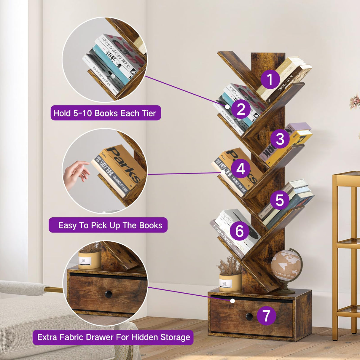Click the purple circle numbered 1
[x=270, y=79]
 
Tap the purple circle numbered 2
[x=241, y=109]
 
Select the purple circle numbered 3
[x=280, y=139]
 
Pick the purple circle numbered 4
[x=240, y=169]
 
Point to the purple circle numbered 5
[x=279, y=200]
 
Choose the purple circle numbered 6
[x=239, y=231]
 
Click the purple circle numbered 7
[x=266, y=315]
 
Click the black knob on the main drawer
[x=249, y=316]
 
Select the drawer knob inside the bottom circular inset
[x=108, y=294]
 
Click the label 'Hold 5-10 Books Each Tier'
[x=106, y=113]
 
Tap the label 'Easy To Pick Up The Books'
[x=108, y=225]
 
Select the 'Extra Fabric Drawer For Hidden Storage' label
[x=113, y=337]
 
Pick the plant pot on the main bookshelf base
[x=230, y=282]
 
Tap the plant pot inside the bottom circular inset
[x=89, y=260]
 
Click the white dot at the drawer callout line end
[x=232, y=301]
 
